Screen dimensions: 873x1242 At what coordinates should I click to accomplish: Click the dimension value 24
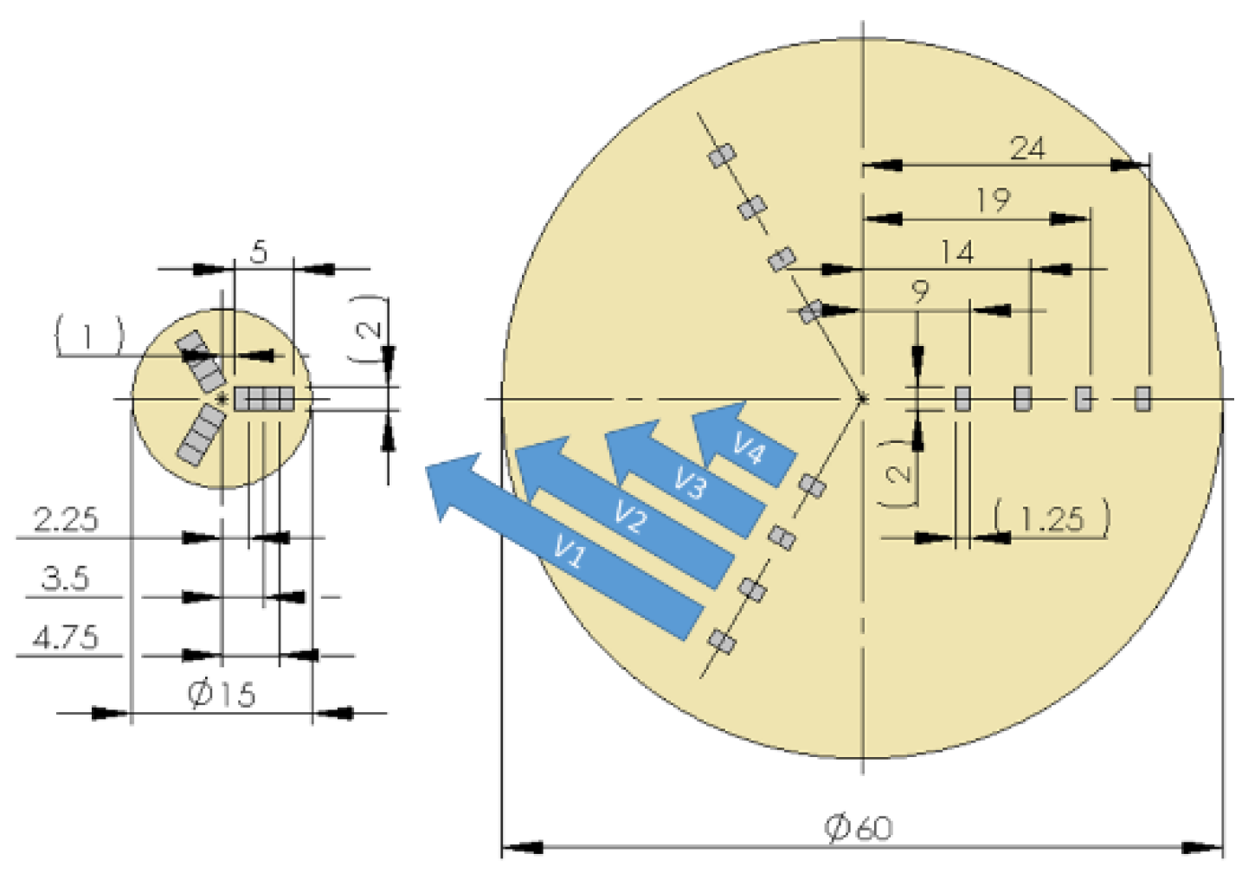pyautogui.click(x=1027, y=149)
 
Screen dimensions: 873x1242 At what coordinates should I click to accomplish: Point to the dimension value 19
pyautogui.click(x=993, y=201)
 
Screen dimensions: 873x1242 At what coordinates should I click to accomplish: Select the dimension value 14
pyautogui.click(x=957, y=252)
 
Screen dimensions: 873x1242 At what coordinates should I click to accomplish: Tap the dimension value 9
pyautogui.click(x=920, y=292)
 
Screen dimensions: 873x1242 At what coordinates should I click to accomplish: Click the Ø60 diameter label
pyautogui.click(x=858, y=828)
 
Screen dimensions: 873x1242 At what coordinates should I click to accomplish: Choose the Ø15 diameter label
pyautogui.click(x=222, y=694)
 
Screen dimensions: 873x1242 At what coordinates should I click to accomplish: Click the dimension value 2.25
pyautogui.click(x=66, y=519)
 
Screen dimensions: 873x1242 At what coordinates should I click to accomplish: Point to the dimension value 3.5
pyautogui.click(x=66, y=578)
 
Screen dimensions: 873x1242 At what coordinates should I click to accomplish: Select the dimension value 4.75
pyautogui.click(x=66, y=638)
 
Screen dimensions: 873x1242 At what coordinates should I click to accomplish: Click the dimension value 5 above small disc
pyautogui.click(x=259, y=253)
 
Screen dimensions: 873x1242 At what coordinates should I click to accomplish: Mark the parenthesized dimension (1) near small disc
pyautogui.click(x=89, y=336)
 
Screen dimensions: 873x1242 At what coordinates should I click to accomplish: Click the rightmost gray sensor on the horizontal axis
pyautogui.click(x=1142, y=398)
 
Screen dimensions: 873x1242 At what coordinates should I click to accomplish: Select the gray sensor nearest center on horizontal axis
pyautogui.click(x=962, y=398)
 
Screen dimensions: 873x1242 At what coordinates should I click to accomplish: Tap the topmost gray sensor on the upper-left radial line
pyautogui.click(x=722, y=156)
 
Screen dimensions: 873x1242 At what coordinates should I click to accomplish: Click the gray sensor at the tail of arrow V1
pyautogui.click(x=722, y=642)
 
